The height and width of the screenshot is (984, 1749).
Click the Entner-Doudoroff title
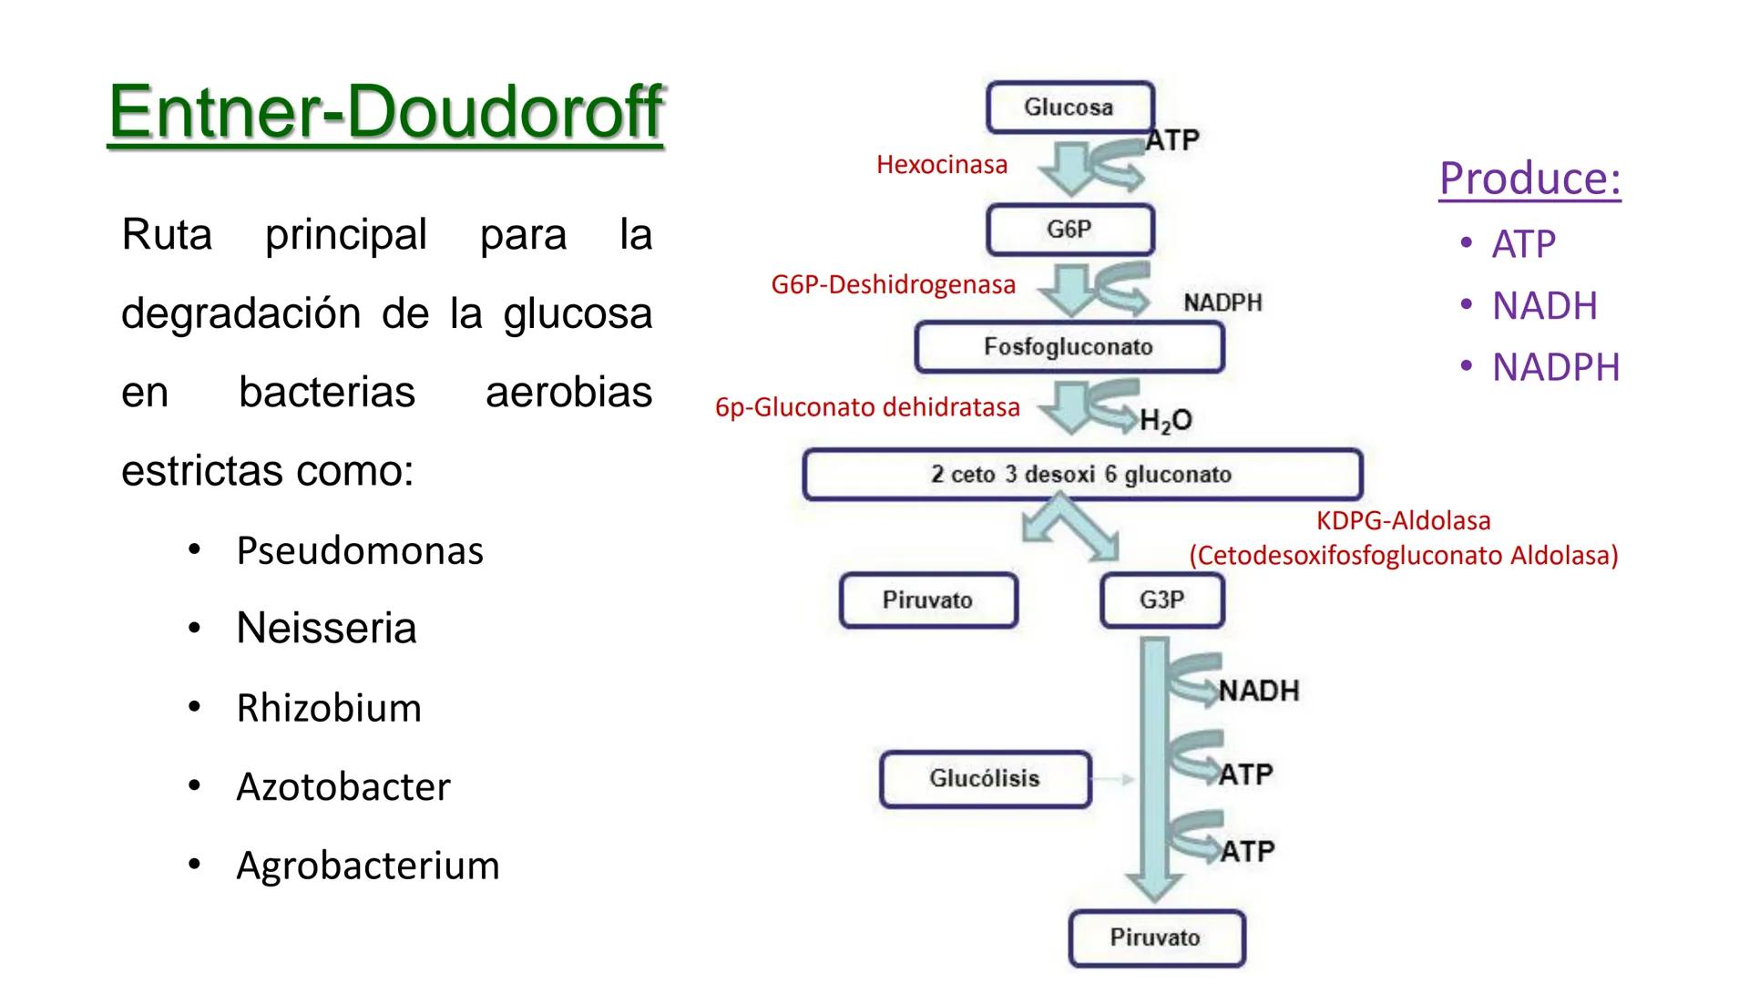pos(385,113)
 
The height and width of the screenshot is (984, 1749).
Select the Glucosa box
pos(1069,108)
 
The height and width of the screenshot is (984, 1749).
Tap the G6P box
pos(1069,230)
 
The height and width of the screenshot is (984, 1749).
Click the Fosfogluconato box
pos(1069,347)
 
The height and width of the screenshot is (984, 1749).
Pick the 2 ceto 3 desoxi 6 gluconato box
pos(1081,475)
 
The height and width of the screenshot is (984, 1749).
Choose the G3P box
pos(1161,600)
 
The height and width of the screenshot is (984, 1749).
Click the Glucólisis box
pos(985,779)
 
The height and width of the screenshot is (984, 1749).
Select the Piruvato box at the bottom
pos(1155,938)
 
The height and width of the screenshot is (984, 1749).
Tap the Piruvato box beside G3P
pos(927,600)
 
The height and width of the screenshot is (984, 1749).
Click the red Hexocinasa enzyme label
pos(942,165)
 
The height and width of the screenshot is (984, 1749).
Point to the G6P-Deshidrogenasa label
pos(893,285)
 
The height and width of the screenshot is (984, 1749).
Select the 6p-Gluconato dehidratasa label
pos(867,407)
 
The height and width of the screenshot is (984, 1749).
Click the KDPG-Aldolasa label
pos(1403,521)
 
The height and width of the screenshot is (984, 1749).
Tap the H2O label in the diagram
pos(1165,420)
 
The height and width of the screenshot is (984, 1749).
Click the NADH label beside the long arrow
pos(1258,691)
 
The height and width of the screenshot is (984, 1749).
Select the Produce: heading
pos(1529,178)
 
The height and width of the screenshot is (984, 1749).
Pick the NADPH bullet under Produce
pos(1555,368)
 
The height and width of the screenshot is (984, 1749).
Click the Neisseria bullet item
pos(326,629)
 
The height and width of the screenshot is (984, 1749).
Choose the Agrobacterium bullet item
pos(367,866)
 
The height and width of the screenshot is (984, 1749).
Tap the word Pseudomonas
pos(360,551)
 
